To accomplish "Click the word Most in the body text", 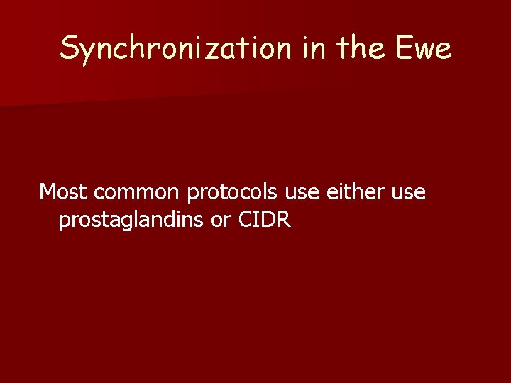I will [x=63, y=192].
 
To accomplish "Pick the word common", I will [x=135, y=192].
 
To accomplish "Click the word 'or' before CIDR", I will [x=217, y=221].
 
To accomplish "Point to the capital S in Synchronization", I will [x=70, y=48].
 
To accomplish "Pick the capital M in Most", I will [x=48, y=192].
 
